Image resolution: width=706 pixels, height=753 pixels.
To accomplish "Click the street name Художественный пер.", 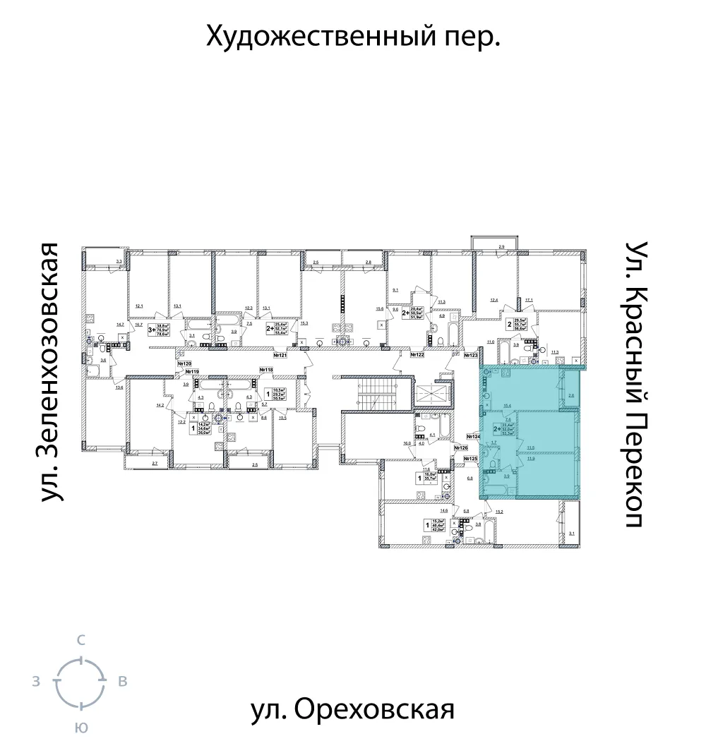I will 353,36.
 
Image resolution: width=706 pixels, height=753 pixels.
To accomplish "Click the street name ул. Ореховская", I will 352,709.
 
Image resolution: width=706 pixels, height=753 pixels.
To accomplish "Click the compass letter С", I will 81,641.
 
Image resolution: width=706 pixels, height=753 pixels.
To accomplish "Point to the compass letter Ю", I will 81,728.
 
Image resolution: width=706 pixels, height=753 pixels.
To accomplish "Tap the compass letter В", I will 122,682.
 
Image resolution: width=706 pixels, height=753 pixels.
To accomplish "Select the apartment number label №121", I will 280,354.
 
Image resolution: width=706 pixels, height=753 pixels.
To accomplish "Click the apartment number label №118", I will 266,370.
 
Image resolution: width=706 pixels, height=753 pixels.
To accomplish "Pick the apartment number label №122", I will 417,354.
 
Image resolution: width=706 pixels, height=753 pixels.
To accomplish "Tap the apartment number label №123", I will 472,356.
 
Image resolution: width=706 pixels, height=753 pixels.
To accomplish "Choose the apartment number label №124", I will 472,436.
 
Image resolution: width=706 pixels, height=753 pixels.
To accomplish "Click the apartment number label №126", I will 462,448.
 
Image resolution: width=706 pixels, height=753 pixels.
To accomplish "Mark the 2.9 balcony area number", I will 501,245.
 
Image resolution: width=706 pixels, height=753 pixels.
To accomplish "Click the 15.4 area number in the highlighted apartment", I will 506,406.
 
